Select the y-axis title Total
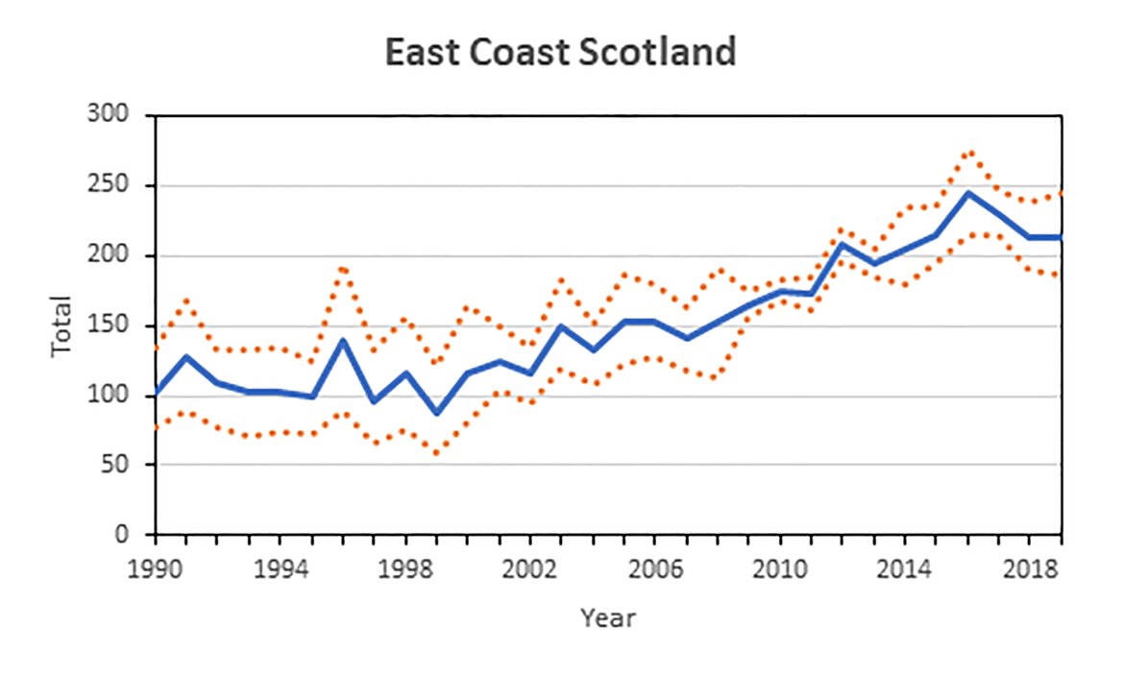pos(61,326)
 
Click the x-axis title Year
pos(607,617)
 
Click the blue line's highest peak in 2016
pos(967,193)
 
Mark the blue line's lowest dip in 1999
pos(436,413)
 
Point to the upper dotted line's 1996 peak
pos(343,268)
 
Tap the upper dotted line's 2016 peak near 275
pos(968,152)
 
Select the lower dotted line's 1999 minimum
pos(436,452)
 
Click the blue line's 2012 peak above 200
pos(843,244)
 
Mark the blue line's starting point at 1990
pos(157,393)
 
